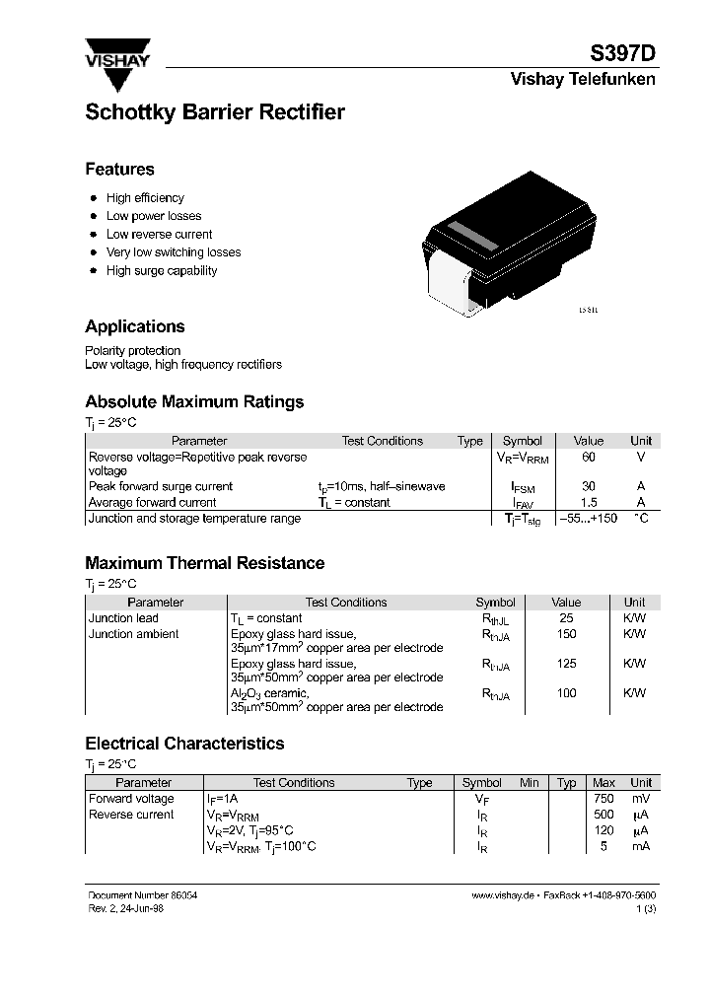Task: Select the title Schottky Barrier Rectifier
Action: (x=215, y=112)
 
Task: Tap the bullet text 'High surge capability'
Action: (x=162, y=271)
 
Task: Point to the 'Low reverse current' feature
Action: (x=159, y=235)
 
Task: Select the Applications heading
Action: (x=135, y=326)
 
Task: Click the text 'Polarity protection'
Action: (x=133, y=351)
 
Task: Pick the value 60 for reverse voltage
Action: (x=589, y=458)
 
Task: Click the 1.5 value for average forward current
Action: (x=589, y=503)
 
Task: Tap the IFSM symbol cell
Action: (x=522, y=487)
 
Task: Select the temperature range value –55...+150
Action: (x=588, y=519)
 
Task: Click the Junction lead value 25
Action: (x=566, y=618)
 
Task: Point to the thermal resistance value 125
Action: (x=566, y=664)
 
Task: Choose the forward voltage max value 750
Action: (x=603, y=799)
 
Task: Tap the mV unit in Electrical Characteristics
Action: (x=641, y=799)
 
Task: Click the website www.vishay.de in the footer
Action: (x=502, y=894)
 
